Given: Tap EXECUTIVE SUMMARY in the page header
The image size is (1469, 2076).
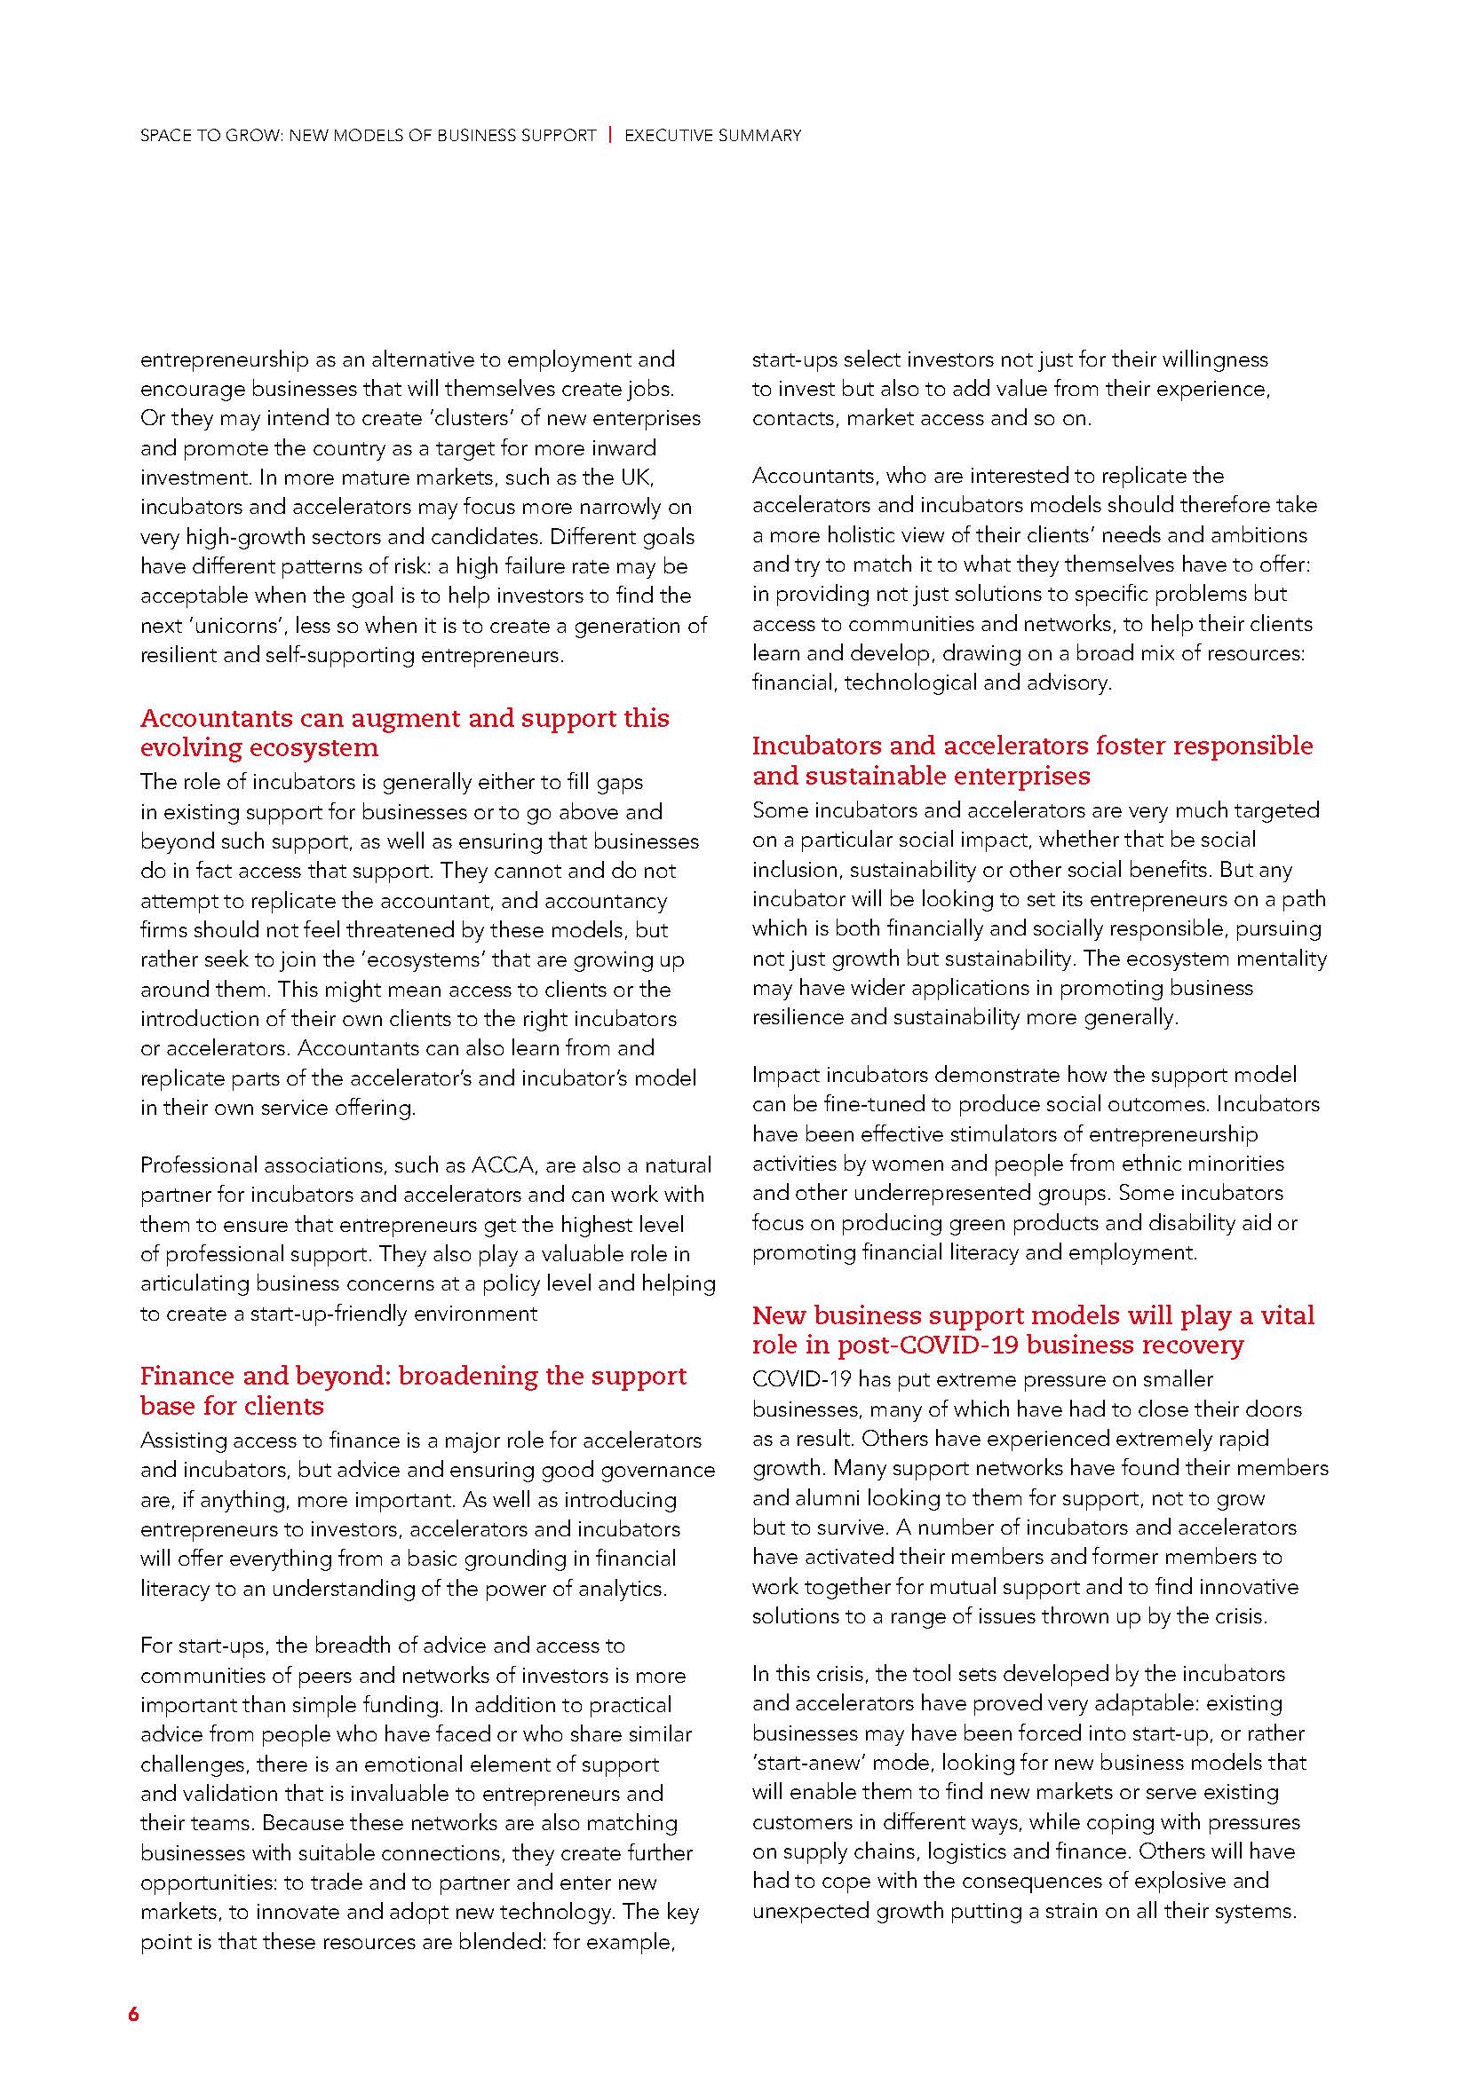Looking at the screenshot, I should coord(713,136).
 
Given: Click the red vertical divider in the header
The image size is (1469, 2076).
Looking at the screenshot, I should coord(610,136).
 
